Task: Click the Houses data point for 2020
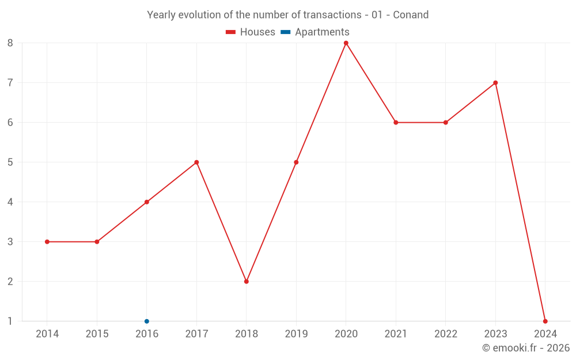[346, 43]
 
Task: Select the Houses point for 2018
[247, 282]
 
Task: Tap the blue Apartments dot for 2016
[147, 321]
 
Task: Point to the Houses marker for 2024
[545, 321]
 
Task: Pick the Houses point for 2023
[495, 83]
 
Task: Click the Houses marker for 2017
[196, 162]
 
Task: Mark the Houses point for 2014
[47, 242]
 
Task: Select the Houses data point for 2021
[396, 123]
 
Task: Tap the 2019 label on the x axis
[296, 334]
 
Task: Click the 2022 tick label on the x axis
[445, 334]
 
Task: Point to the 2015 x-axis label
[97, 334]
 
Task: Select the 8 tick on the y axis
[10, 43]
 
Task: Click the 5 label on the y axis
[10, 162]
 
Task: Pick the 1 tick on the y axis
[10, 321]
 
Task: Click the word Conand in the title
[411, 15]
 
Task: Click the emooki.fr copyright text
[526, 348]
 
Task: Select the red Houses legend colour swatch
[231, 32]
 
